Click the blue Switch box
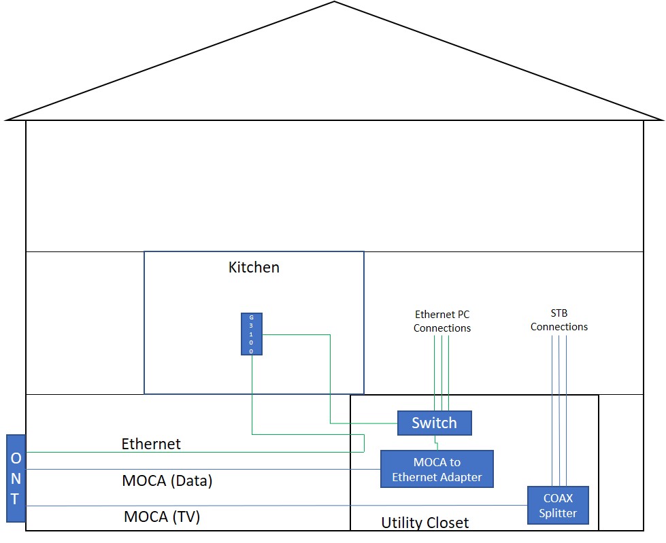coord(434,423)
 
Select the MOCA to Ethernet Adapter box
coord(436,469)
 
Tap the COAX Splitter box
coord(558,505)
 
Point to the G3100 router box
coord(251,334)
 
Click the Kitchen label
coord(254,267)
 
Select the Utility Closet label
coord(424,523)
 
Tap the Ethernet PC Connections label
coord(442,321)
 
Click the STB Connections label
coord(559,320)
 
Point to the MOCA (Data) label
coord(167,481)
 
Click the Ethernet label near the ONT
coord(151,444)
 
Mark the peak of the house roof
coord(334,2)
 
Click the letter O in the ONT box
coord(16,457)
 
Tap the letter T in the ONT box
coord(16,500)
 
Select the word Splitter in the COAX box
coord(558,513)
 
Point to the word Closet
coord(447,523)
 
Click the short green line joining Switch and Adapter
coord(436,443)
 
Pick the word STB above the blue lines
coord(559,313)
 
